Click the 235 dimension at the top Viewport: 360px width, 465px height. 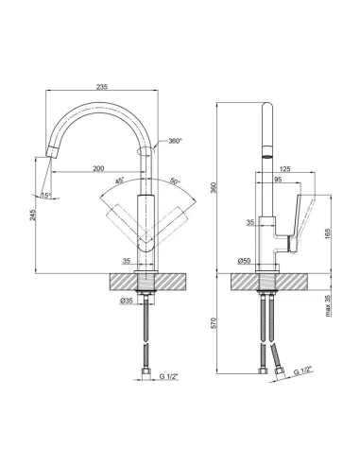point(103,86)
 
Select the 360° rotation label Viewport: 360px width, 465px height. point(174,141)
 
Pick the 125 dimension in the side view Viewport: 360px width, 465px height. point(285,167)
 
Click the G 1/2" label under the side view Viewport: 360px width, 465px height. point(302,370)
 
